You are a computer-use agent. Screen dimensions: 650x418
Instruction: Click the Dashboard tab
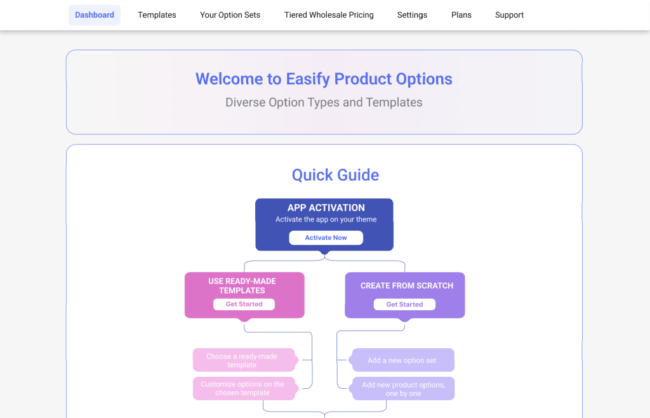click(95, 15)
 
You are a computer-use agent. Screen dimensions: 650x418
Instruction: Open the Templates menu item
click(157, 15)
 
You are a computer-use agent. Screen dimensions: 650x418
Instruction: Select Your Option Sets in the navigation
click(230, 15)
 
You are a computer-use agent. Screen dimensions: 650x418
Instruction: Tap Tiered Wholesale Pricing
click(329, 15)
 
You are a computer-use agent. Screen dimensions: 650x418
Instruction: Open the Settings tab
click(412, 15)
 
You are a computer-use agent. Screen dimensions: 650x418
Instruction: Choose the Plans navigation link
click(461, 15)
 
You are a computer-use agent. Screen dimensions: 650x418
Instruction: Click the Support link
click(510, 15)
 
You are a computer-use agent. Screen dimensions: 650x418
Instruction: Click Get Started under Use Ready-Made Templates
click(244, 304)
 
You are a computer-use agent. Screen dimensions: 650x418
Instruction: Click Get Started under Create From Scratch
click(404, 304)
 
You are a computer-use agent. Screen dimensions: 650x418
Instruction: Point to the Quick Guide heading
click(335, 175)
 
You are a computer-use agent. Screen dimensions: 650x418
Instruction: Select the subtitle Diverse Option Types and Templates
click(324, 102)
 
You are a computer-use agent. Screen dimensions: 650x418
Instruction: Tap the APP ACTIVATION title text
click(326, 208)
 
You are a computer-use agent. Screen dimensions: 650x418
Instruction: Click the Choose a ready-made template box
click(244, 360)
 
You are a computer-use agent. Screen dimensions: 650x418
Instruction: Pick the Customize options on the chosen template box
click(244, 388)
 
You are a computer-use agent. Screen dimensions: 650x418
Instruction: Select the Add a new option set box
click(402, 360)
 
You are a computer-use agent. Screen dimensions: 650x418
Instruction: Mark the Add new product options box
click(402, 389)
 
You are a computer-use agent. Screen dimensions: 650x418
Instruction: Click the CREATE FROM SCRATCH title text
click(407, 286)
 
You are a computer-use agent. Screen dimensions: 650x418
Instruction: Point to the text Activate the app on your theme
click(326, 219)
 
